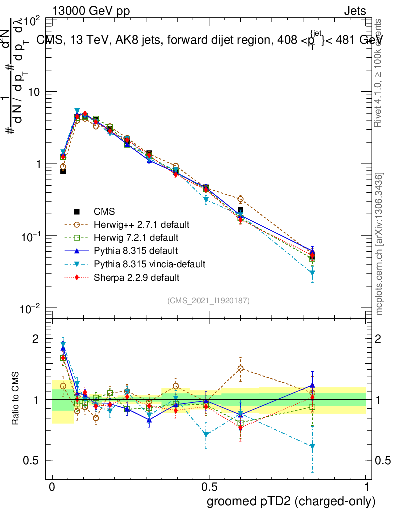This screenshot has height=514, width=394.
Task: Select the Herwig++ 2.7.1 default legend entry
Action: point(141,224)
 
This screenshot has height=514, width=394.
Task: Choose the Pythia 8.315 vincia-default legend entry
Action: point(150,264)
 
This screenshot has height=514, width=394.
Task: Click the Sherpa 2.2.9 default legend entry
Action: point(137,277)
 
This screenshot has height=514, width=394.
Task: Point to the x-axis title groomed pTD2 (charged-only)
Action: point(291,501)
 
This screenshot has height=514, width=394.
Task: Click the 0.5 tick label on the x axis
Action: point(209,487)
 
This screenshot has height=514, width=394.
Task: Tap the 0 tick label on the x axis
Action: point(52,487)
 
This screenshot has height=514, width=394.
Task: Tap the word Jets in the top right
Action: point(354,11)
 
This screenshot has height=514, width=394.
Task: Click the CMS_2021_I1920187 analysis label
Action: point(209,300)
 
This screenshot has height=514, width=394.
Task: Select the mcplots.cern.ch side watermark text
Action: point(379,244)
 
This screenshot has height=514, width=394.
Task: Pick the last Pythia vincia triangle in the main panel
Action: point(312,273)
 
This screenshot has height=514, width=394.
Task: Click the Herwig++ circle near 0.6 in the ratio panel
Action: point(241,369)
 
